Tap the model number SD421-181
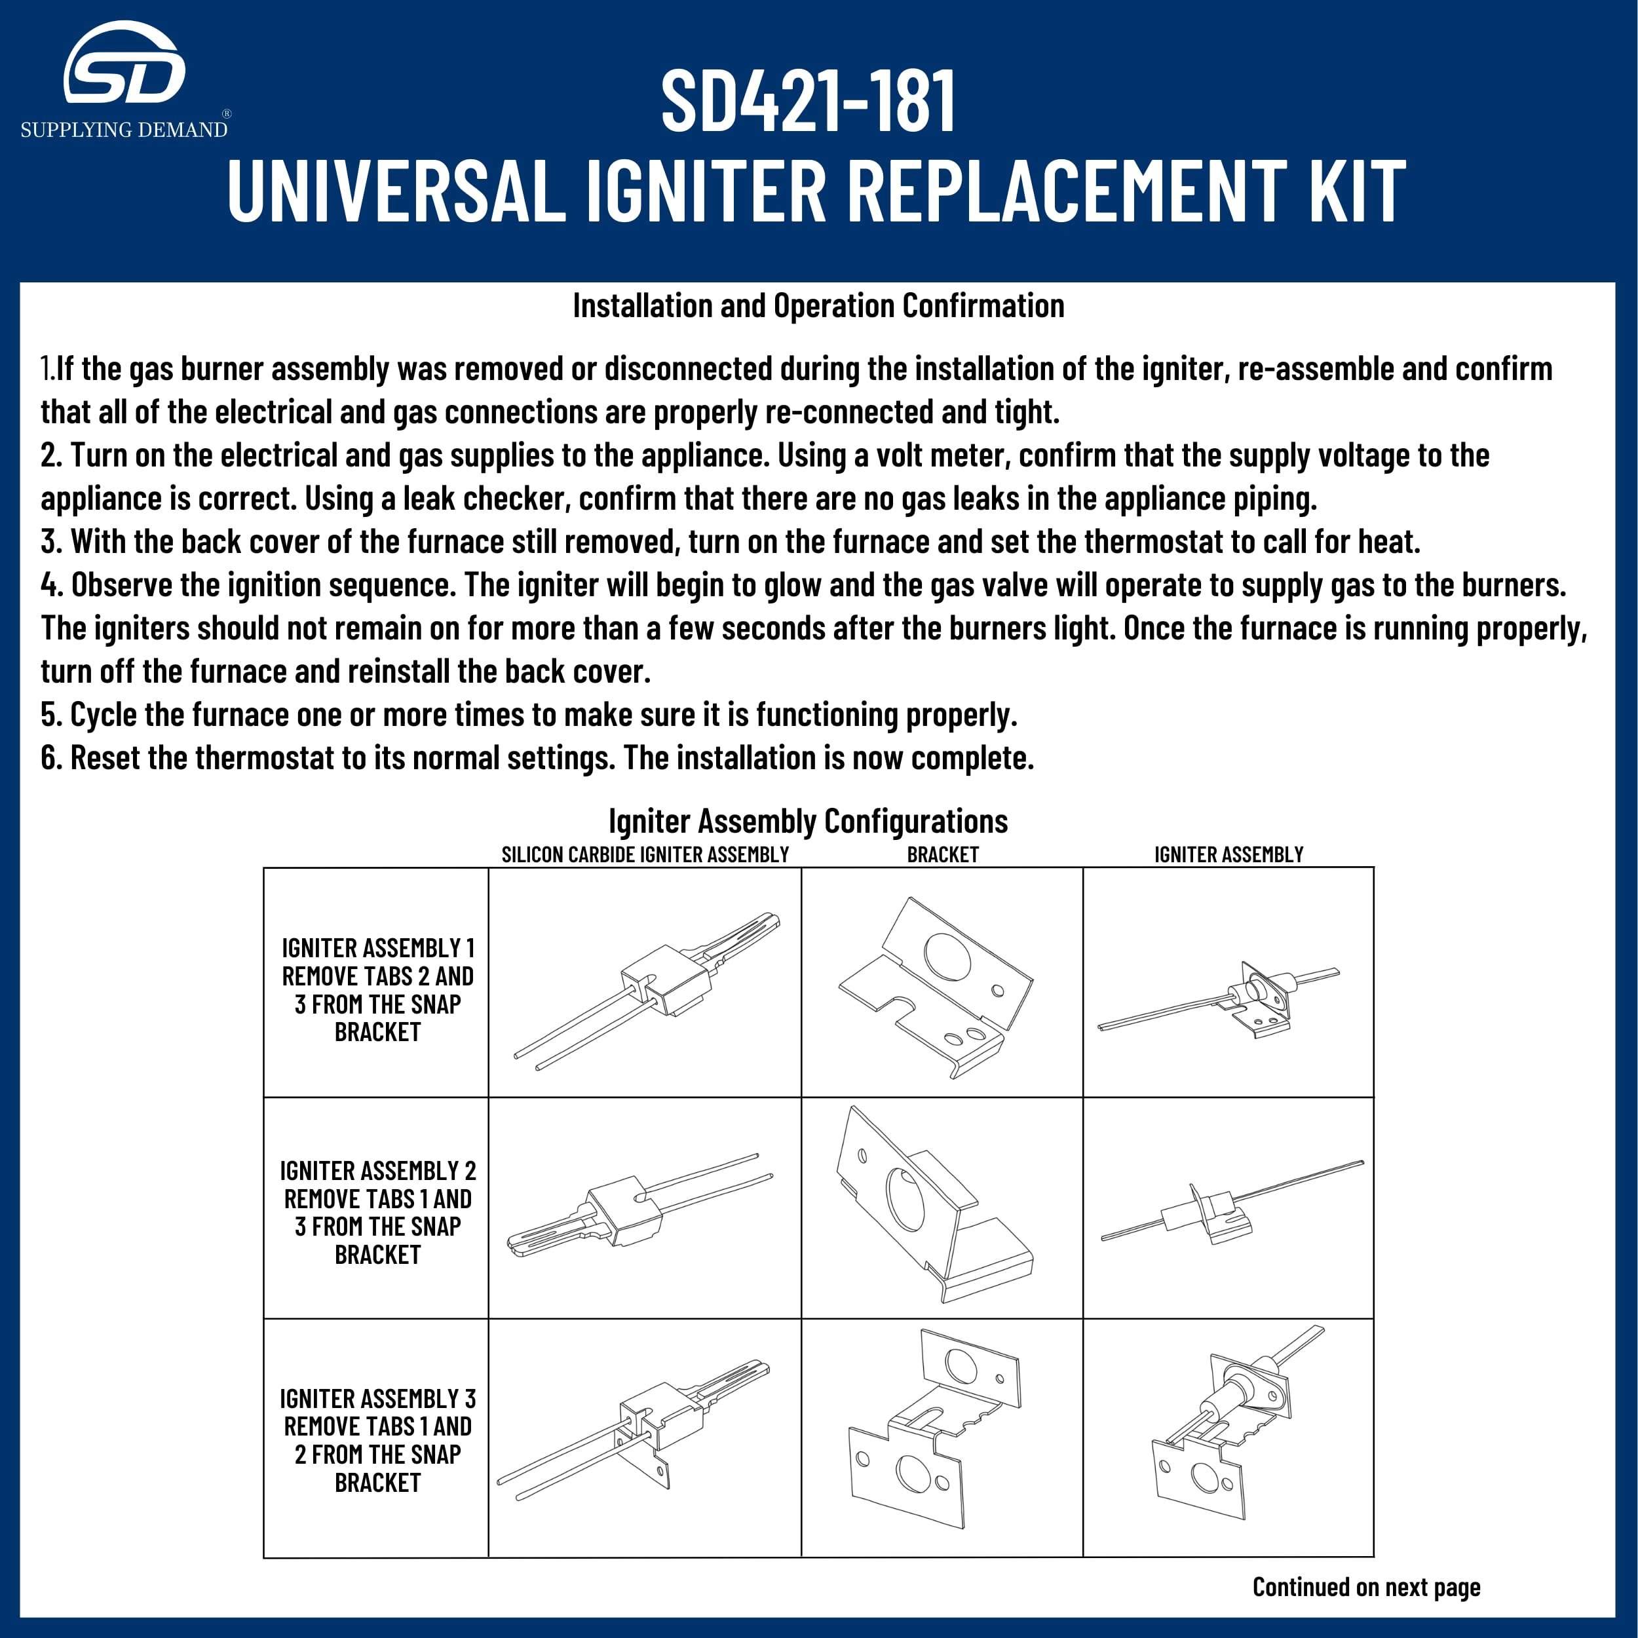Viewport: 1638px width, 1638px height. pyautogui.click(x=808, y=101)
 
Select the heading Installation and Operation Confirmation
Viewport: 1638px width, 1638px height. pyautogui.click(x=818, y=306)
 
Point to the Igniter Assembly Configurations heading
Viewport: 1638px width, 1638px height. pyautogui.click(x=808, y=821)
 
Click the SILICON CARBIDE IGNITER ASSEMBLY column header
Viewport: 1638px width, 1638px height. pyautogui.click(x=645, y=854)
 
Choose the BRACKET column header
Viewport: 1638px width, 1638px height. pyautogui.click(x=942, y=854)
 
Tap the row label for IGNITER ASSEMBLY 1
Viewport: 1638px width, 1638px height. pyautogui.click(x=377, y=989)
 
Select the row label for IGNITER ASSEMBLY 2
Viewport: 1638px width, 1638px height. pyautogui.click(x=377, y=1211)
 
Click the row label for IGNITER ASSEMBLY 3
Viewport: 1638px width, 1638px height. pyautogui.click(x=377, y=1439)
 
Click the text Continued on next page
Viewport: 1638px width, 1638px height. pyautogui.click(x=1366, y=1586)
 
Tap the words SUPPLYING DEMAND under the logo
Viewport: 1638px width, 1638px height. pyautogui.click(x=124, y=130)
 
